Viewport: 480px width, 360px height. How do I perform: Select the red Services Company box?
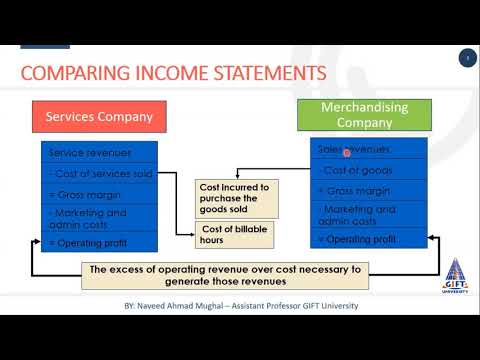coord(98,117)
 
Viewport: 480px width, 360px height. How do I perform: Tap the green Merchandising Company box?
coord(363,116)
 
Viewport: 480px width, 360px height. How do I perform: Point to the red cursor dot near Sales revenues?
coord(347,153)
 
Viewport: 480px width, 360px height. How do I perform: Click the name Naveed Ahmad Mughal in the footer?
coord(179,306)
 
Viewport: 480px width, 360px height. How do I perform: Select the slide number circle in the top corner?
coord(467,59)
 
